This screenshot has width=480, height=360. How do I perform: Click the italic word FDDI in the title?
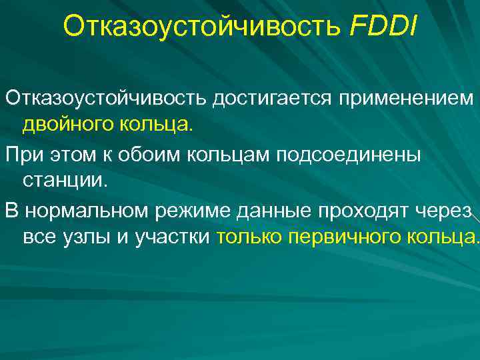tap(382, 27)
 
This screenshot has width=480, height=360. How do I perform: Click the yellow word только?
tap(249, 238)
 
